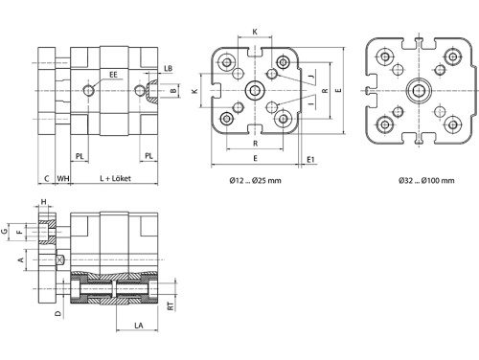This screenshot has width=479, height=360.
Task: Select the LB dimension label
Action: pos(169,68)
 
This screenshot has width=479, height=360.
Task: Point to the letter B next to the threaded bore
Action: pos(173,91)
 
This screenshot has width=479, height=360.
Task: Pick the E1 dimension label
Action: pos(310,159)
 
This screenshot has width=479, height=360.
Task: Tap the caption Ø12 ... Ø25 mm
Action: pos(255,181)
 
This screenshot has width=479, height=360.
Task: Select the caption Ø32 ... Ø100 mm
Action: pos(419,181)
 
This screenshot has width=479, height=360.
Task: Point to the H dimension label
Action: pos(44,202)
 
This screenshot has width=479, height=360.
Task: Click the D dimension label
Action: pos(57,312)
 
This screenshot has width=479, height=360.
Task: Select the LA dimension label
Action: pos(140,326)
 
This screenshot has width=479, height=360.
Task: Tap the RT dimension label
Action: pos(171,306)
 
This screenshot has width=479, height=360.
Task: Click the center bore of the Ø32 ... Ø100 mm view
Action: pos(419,92)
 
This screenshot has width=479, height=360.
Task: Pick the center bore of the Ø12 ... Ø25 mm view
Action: pos(254,91)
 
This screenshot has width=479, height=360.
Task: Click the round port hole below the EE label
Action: pos(88,91)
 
